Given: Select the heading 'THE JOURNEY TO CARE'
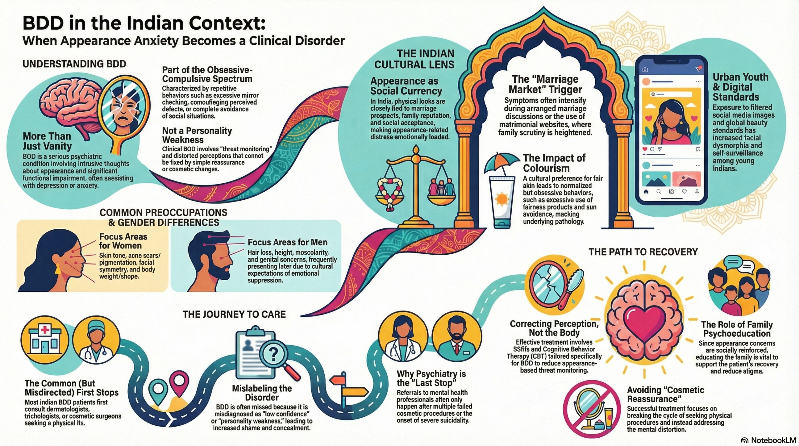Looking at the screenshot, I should (x=234, y=314).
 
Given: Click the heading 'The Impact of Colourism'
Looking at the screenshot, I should (x=554, y=163).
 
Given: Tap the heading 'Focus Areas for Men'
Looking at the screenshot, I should (x=287, y=242).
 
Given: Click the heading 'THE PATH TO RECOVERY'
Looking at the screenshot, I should (x=643, y=252).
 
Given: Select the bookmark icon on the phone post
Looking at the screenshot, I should (x=698, y=149).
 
